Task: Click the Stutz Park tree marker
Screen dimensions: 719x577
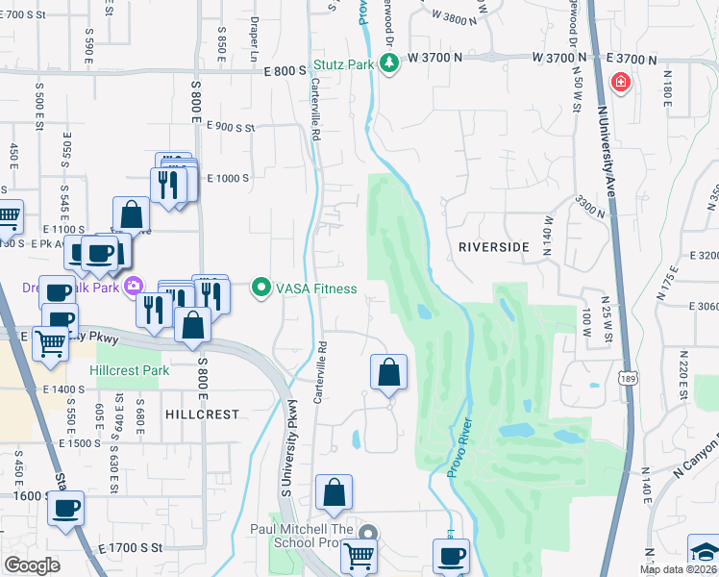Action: [388, 64]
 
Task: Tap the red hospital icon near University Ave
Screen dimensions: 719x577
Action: [621, 83]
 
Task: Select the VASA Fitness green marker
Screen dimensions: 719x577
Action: [260, 288]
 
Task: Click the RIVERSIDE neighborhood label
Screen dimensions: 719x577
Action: [493, 247]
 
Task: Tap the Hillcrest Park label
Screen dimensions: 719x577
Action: [129, 370]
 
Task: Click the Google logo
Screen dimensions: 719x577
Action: [33, 564]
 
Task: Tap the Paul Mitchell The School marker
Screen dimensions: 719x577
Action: [366, 533]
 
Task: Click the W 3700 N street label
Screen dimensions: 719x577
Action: [435, 58]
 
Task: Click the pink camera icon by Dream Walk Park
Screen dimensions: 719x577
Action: [133, 286]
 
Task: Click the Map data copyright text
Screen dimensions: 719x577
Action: [678, 569]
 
